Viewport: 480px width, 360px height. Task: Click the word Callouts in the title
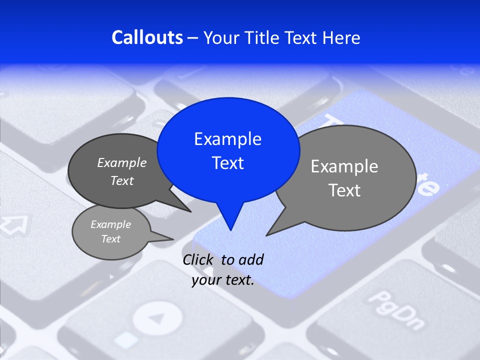click(147, 37)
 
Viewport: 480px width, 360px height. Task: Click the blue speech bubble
click(228, 150)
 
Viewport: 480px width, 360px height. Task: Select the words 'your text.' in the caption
click(223, 280)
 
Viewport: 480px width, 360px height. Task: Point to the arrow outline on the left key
click(14, 225)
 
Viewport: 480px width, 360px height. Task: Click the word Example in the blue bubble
click(228, 139)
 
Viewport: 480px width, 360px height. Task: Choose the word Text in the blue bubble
click(228, 163)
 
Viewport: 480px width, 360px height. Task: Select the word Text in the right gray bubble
click(344, 190)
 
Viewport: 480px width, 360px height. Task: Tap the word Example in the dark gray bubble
click(122, 162)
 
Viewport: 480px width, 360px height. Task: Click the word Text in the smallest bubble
click(111, 239)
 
